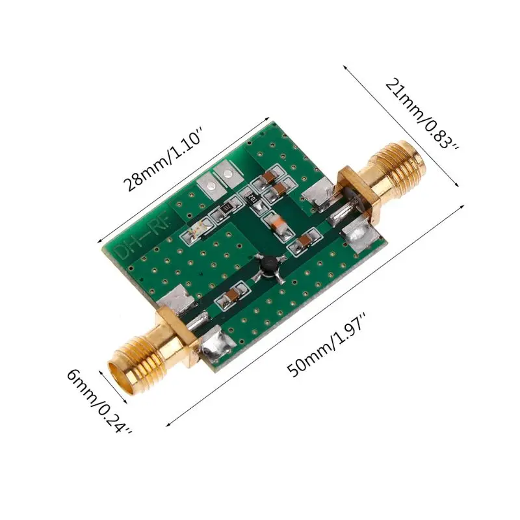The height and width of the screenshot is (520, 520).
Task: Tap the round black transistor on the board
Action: tap(268, 264)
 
